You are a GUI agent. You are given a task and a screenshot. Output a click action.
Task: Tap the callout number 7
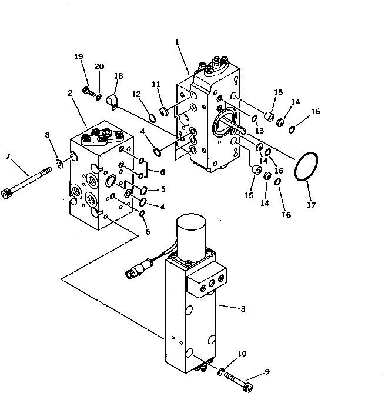pyautogui.click(x=8, y=156)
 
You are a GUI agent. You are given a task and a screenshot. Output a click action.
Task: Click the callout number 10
pyautogui.click(x=242, y=354)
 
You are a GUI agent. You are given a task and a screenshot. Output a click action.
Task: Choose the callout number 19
pyautogui.click(x=79, y=56)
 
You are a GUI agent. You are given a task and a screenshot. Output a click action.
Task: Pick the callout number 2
pyautogui.click(x=70, y=93)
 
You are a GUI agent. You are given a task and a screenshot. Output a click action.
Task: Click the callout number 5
pyautogui.click(x=163, y=190)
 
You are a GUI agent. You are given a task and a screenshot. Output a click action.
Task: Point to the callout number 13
pyautogui.click(x=259, y=131)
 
